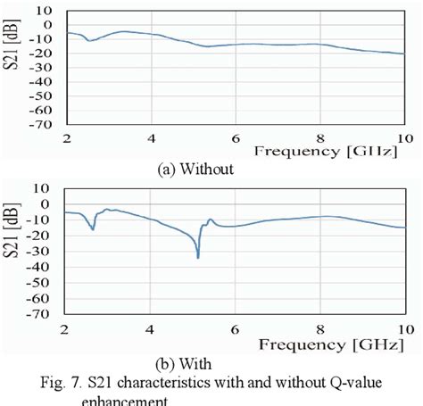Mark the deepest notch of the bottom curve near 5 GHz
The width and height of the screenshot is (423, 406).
[x=197, y=257]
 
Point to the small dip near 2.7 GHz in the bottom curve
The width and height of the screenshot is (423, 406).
[x=93, y=229]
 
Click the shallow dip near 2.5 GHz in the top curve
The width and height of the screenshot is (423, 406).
[x=87, y=40]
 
